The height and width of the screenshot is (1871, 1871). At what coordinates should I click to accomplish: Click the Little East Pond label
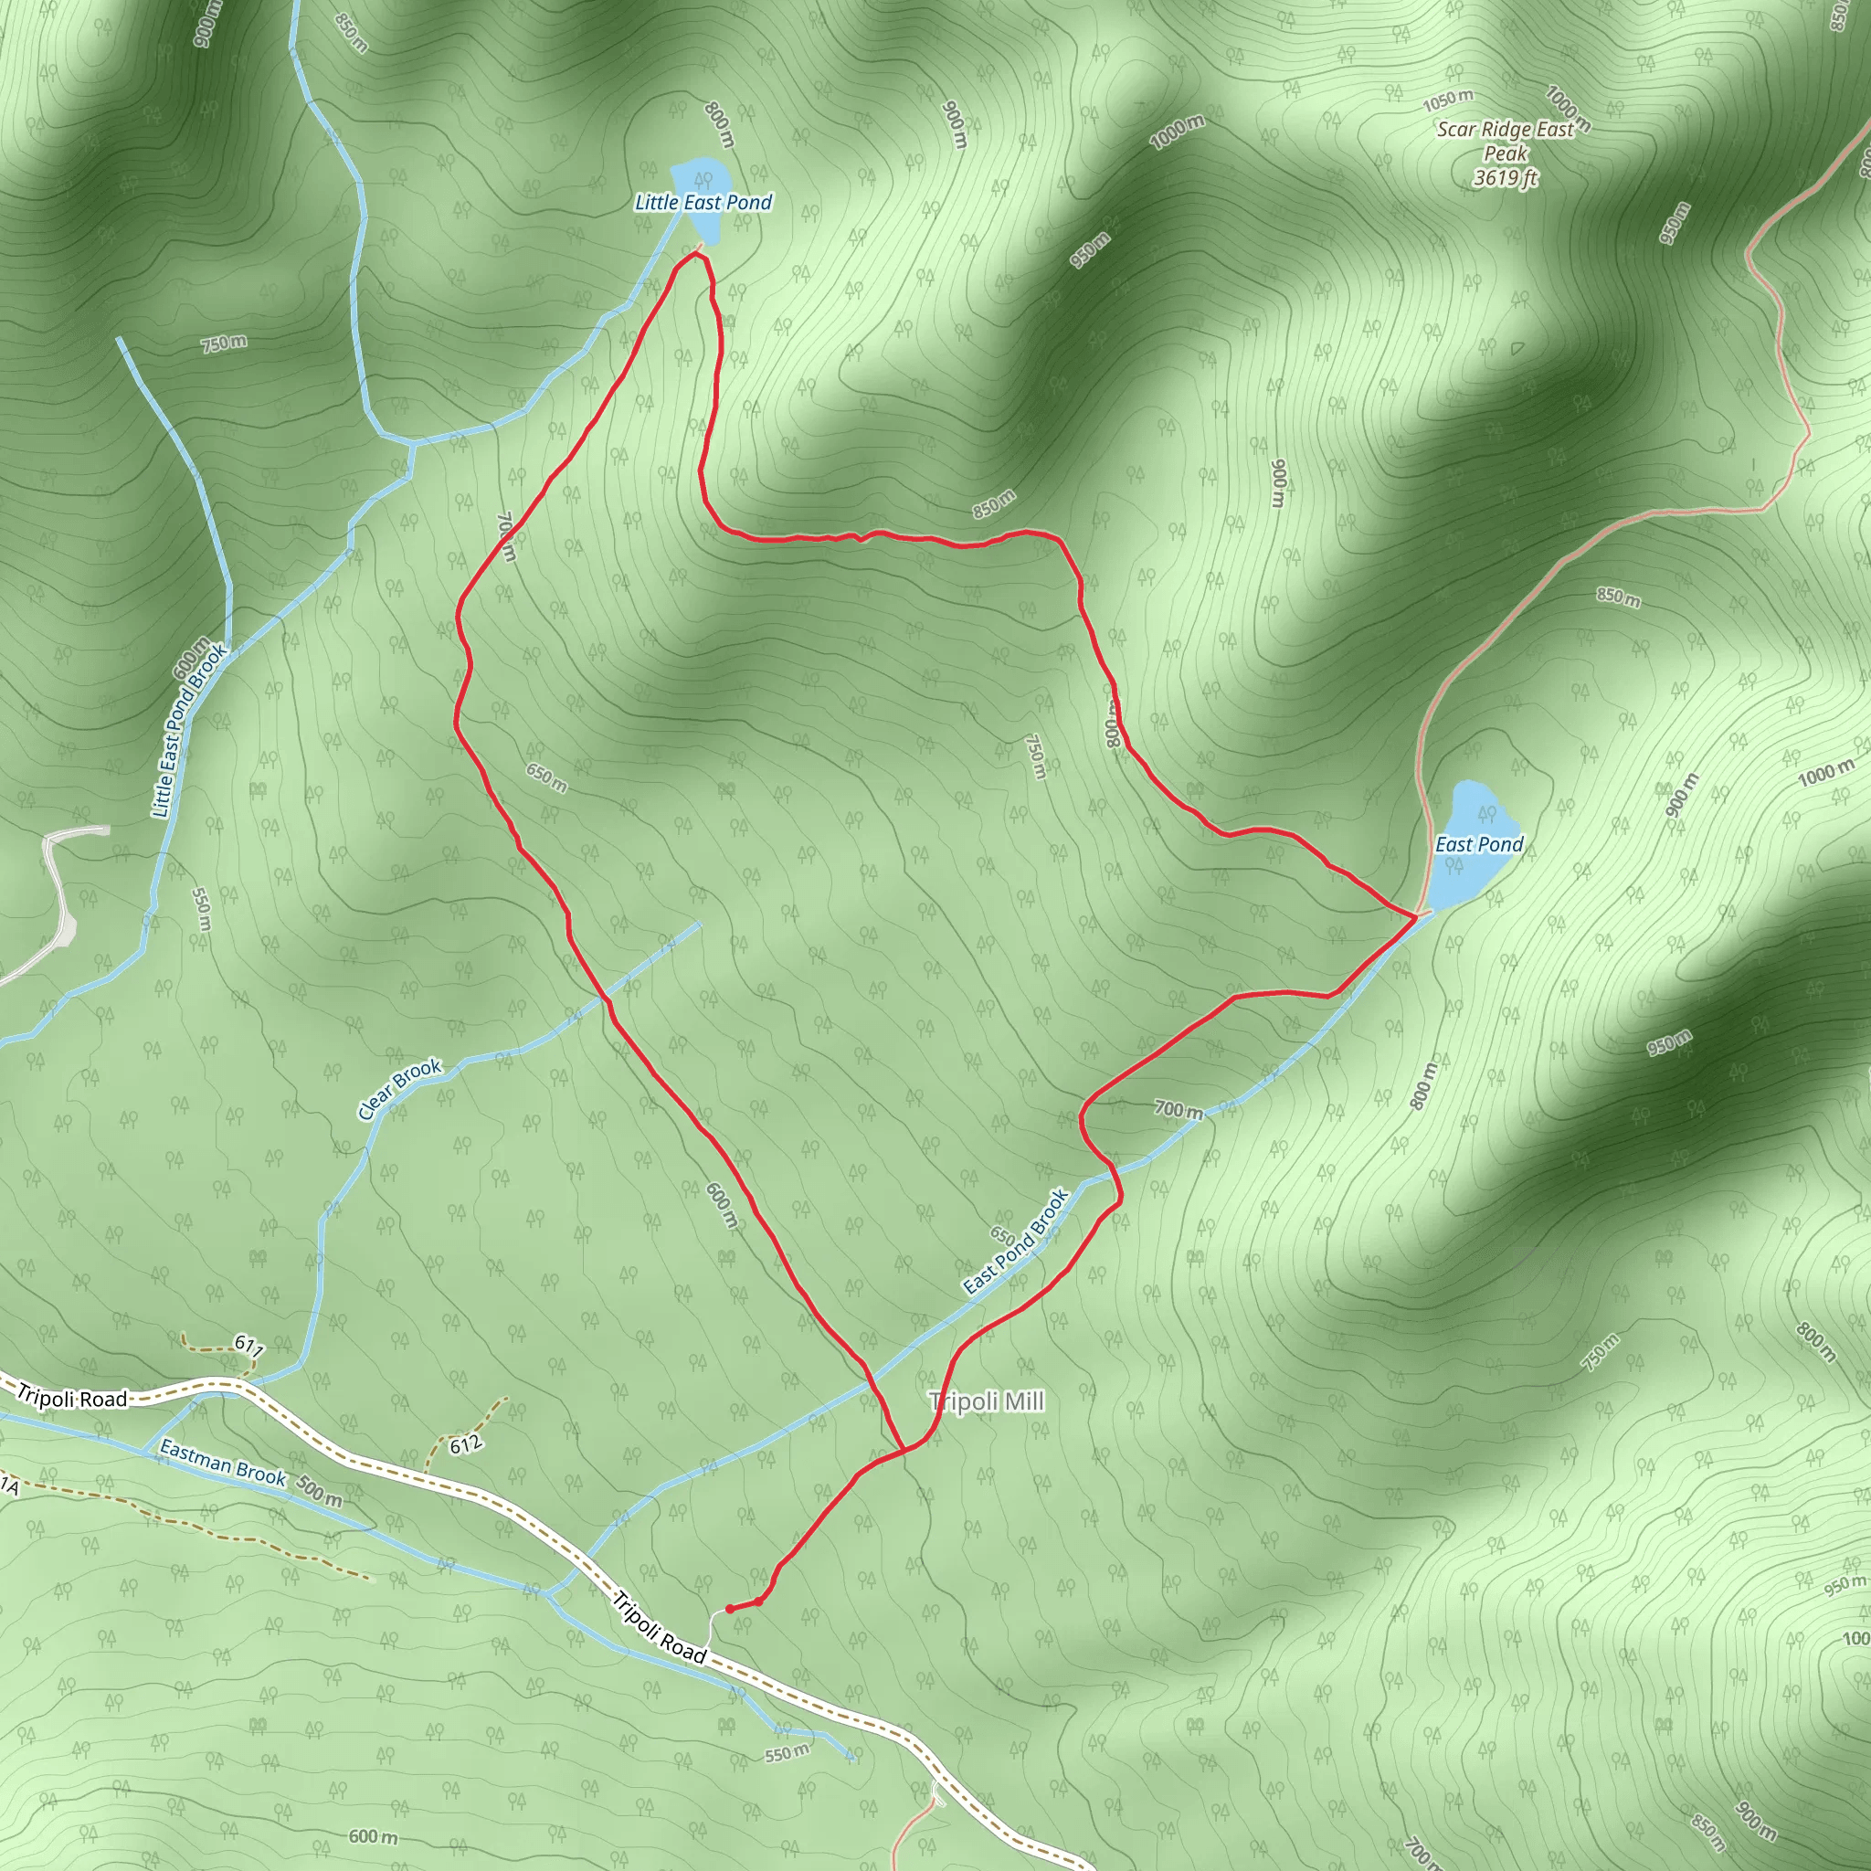pos(703,203)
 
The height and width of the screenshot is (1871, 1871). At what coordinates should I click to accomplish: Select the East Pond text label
pos(1479,844)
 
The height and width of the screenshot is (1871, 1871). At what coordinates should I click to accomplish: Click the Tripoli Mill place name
pos(987,1401)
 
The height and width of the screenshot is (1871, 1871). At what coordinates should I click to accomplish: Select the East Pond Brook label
pos(1017,1241)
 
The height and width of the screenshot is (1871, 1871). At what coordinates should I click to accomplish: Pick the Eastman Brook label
pos(223,1464)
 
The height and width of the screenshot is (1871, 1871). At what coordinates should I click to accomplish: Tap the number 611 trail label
pos(248,1346)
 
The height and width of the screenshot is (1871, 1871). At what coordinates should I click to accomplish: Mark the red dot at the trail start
pos(729,1609)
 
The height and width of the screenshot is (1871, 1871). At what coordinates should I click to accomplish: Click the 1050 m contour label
pos(1448,100)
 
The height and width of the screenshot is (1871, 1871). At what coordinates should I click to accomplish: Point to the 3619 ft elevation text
pos(1506,177)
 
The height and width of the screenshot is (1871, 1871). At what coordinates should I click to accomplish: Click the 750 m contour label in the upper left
pos(224,343)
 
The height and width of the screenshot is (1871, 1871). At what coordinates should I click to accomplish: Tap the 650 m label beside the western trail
pos(547,777)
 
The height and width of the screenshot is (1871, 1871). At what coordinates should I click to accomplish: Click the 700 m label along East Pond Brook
pos(1179,1110)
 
